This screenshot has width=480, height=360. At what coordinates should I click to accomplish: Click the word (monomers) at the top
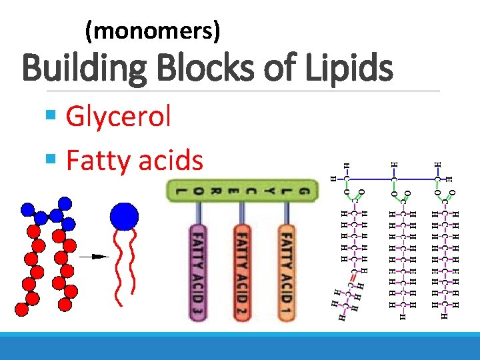153,30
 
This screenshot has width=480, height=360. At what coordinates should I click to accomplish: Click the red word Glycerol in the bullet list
118,117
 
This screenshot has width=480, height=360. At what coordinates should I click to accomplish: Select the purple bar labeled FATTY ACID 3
198,273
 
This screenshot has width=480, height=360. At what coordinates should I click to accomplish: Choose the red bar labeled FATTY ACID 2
243,273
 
